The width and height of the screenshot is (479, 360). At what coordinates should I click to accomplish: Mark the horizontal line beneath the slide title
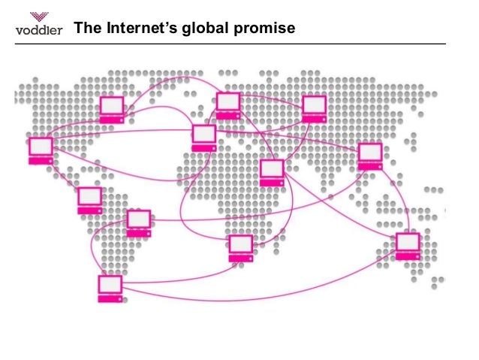(240, 44)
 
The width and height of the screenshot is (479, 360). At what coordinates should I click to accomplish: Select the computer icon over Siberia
(314, 109)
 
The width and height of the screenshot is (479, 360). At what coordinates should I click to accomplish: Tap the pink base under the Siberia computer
(314, 119)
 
